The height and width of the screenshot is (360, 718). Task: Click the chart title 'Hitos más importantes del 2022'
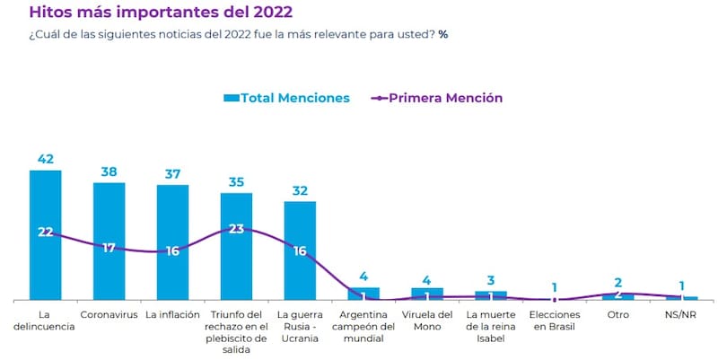click(x=161, y=13)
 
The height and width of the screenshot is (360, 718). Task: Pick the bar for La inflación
click(x=172, y=269)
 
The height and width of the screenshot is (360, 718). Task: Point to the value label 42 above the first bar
click(x=46, y=159)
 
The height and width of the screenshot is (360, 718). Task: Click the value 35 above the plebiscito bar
click(x=236, y=182)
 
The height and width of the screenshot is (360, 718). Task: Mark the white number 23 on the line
click(x=236, y=229)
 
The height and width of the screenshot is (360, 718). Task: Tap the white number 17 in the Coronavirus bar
click(x=109, y=247)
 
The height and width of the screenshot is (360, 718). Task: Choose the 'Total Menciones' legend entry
click(x=286, y=98)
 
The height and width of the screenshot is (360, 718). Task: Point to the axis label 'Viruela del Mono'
click(x=427, y=320)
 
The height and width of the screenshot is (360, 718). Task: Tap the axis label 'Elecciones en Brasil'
click(x=555, y=320)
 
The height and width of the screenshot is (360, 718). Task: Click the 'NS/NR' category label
click(x=681, y=315)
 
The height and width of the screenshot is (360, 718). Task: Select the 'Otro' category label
click(x=617, y=315)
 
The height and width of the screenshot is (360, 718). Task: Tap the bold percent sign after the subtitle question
click(x=443, y=34)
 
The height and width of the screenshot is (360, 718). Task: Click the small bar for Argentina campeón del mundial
click(x=363, y=294)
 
